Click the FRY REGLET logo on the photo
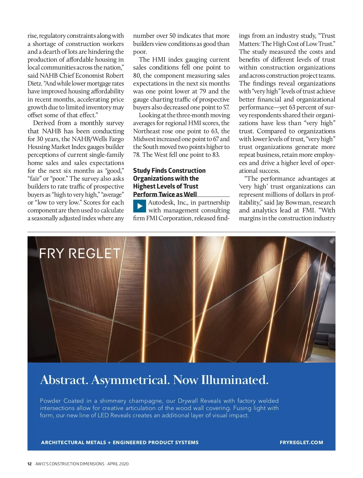click(80, 254)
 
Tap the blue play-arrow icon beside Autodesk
click(139, 206)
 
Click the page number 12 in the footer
click(30, 464)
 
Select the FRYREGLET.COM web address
click(301, 442)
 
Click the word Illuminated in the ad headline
click(235, 380)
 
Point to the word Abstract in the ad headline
click(64, 380)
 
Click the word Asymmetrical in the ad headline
click(130, 380)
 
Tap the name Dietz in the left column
click(35, 83)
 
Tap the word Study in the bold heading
click(141, 171)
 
